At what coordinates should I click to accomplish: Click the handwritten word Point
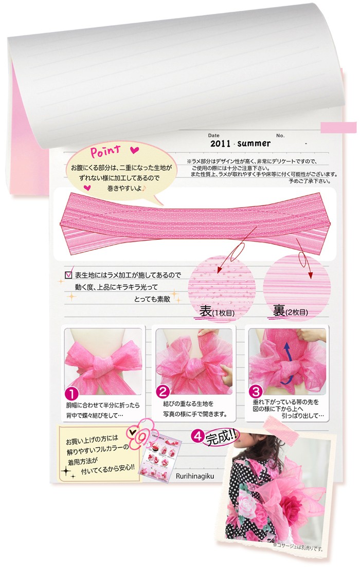coord(106,152)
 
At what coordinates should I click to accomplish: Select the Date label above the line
coord(213,135)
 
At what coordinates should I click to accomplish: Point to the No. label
coord(280,135)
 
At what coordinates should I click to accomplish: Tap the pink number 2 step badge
coord(164,392)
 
